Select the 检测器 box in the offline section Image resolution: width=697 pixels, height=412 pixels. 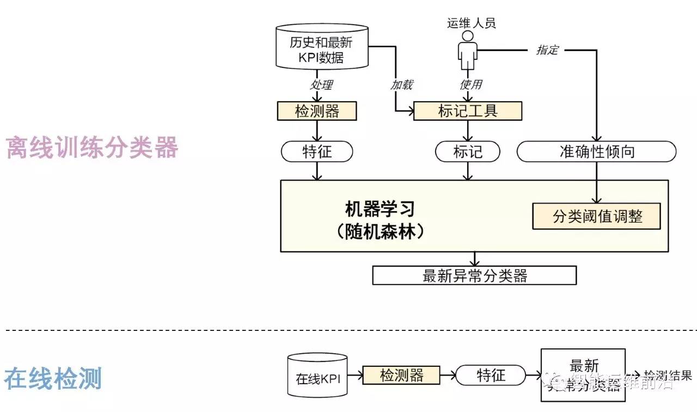click(x=317, y=112)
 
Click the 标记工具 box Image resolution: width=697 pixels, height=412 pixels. click(x=468, y=112)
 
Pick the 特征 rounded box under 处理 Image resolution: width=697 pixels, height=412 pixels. click(x=317, y=152)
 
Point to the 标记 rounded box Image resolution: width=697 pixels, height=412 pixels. click(x=468, y=152)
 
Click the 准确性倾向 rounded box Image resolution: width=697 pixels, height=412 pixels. click(x=596, y=152)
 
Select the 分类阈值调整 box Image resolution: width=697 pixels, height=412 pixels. click(x=597, y=216)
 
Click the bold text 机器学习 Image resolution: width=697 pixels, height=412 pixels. click(x=380, y=208)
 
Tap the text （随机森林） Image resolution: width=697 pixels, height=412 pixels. click(x=380, y=232)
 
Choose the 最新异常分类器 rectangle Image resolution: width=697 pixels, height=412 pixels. click(x=474, y=275)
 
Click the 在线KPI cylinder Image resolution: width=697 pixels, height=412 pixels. click(x=317, y=376)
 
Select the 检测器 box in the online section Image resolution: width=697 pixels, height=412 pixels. click(x=401, y=375)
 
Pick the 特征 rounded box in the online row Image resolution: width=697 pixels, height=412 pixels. click(x=491, y=375)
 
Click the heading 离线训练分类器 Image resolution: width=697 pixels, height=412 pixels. click(x=91, y=147)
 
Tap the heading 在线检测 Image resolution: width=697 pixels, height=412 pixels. click(x=53, y=378)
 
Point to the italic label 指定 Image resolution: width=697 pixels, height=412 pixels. click(x=547, y=50)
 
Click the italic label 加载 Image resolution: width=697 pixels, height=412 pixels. click(x=401, y=84)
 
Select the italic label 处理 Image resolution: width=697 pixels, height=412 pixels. click(x=321, y=84)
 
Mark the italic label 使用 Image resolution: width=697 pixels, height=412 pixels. click(x=471, y=84)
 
